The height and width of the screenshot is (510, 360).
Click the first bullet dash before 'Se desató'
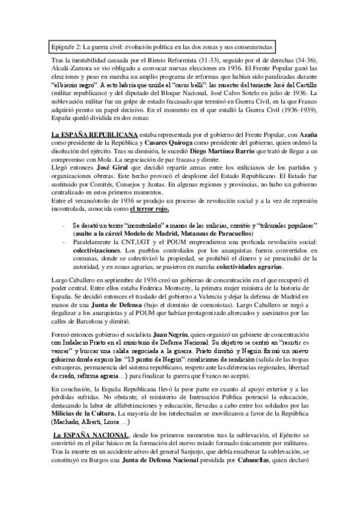(64, 224)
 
